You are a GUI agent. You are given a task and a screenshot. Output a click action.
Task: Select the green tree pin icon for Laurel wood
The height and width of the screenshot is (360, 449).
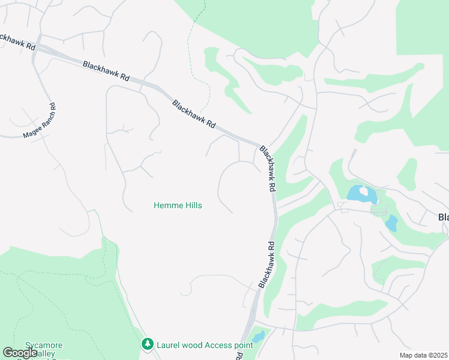coord(147,344)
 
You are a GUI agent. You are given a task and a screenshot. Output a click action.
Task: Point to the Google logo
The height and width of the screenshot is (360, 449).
coord(20,353)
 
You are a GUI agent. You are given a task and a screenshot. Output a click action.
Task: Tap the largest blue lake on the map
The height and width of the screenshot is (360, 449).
coord(358,194)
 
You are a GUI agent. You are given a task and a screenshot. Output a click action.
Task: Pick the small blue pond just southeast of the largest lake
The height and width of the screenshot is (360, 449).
coord(391,223)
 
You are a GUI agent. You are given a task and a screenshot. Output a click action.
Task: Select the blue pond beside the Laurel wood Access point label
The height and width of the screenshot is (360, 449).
coord(258,337)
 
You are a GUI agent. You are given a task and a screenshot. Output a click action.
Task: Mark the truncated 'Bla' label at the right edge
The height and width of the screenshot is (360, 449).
coord(443,217)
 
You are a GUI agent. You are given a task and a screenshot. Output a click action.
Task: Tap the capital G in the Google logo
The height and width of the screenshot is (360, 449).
coord(8,353)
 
